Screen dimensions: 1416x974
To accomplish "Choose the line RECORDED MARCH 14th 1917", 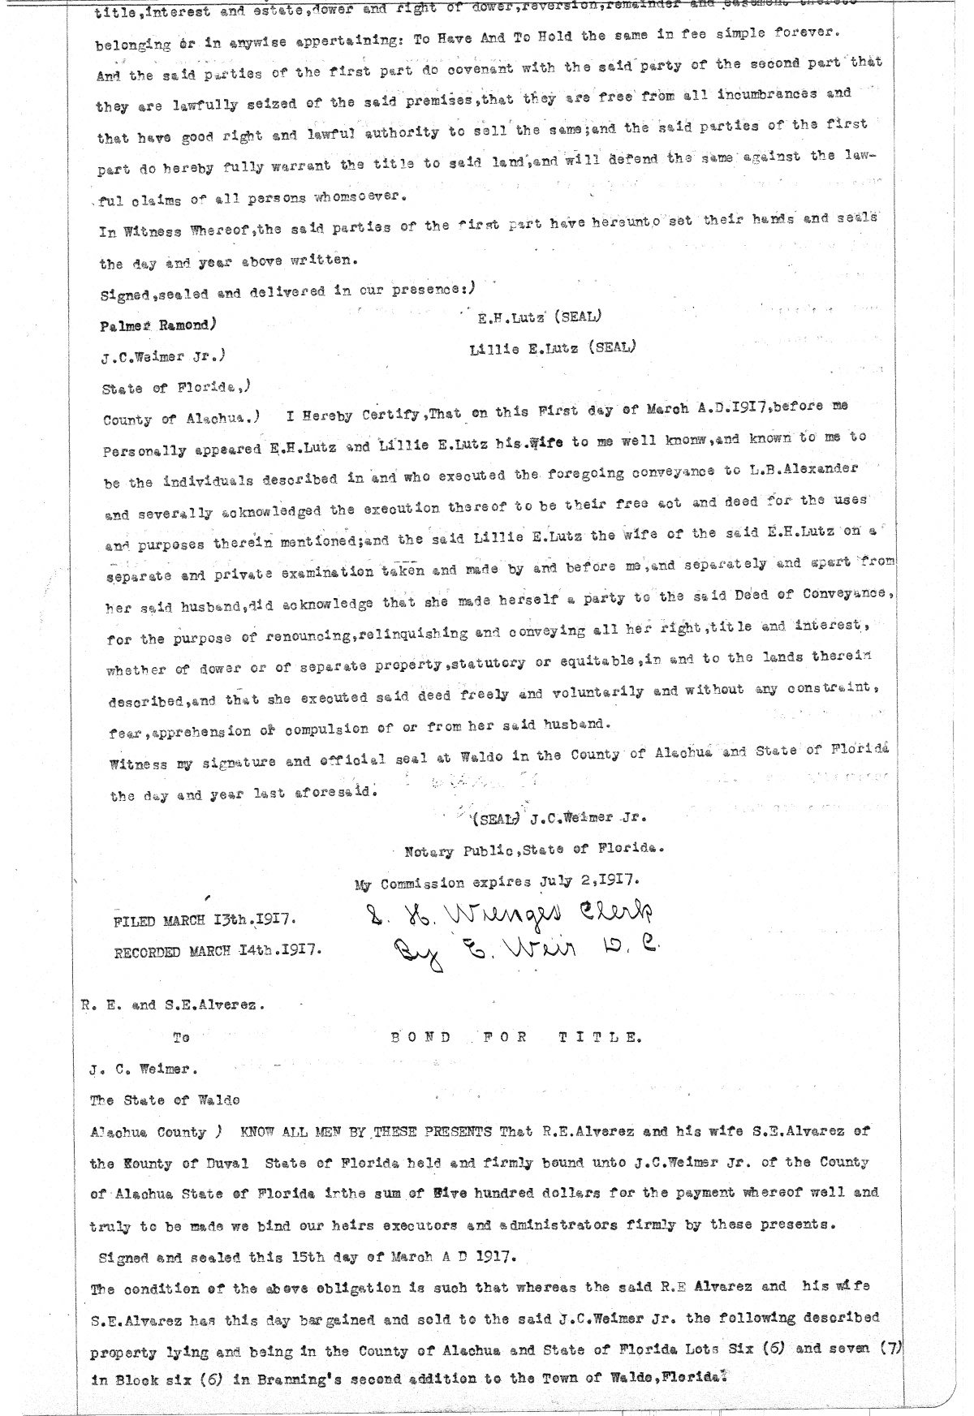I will click(217, 950).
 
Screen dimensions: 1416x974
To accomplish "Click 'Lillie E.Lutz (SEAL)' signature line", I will click(553, 348).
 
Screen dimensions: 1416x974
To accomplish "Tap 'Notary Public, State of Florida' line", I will click(534, 850).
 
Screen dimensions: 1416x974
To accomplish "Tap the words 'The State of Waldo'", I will click(165, 1100).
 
